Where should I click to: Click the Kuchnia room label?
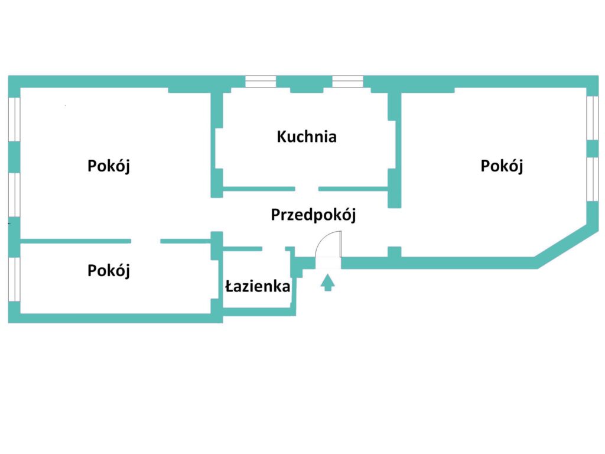(307, 137)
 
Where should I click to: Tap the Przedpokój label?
(313, 215)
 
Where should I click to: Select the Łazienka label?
(258, 287)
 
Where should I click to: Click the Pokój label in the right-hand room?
(502, 166)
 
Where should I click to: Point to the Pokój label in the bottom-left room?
(109, 271)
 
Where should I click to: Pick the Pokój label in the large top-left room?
(109, 166)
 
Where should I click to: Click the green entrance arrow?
(327, 283)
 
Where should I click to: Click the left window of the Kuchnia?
(261, 82)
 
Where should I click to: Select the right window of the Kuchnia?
(347, 82)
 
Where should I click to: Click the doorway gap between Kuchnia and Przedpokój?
(307, 189)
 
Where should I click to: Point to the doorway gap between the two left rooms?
(145, 241)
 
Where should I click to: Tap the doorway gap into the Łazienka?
(274, 249)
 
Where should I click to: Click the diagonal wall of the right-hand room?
(565, 243)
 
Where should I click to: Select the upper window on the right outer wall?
(593, 118)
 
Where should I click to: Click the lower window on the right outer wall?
(593, 179)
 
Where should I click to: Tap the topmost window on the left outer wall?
(14, 120)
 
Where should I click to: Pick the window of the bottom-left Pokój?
(14, 280)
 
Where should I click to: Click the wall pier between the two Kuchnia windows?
(304, 83)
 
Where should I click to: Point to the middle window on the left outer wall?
(14, 195)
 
